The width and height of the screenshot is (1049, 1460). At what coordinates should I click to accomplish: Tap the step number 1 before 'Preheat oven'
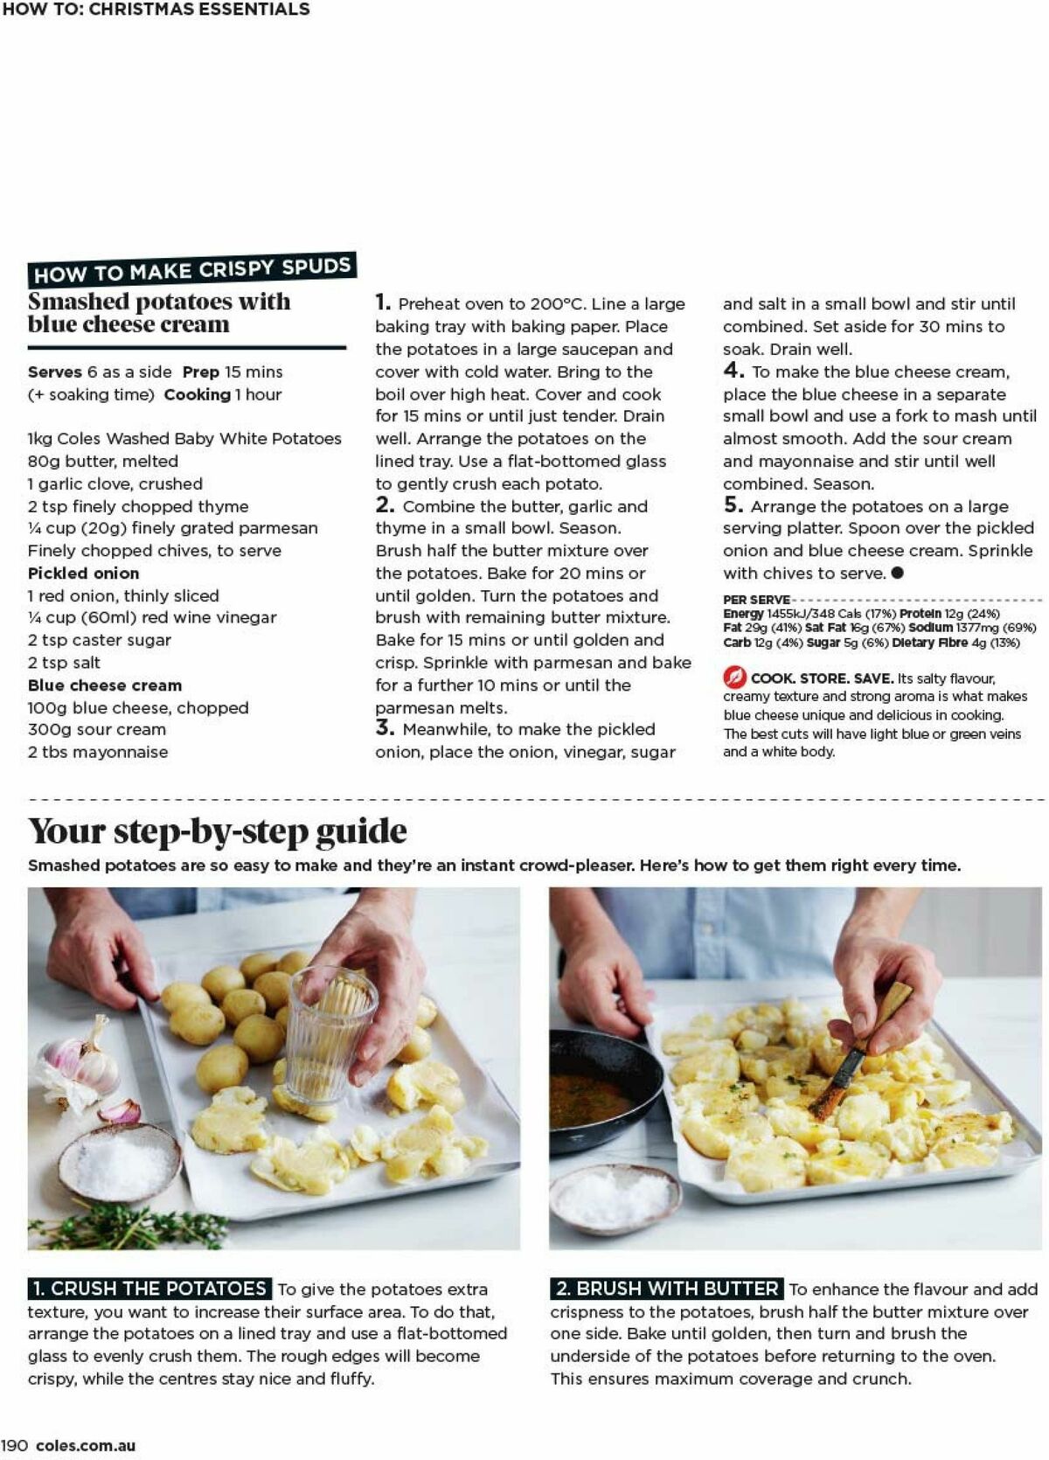pyautogui.click(x=382, y=303)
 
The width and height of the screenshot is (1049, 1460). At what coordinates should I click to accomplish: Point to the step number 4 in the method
pyautogui.click(x=733, y=371)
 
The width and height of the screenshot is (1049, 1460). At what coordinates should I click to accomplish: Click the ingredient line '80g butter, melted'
pyautogui.click(x=102, y=461)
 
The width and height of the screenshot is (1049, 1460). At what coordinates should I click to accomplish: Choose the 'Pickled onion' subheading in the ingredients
pyautogui.click(x=83, y=574)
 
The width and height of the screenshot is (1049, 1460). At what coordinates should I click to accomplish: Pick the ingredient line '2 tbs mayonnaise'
pyautogui.click(x=97, y=752)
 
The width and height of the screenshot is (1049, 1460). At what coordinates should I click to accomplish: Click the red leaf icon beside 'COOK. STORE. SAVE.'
pyautogui.click(x=734, y=678)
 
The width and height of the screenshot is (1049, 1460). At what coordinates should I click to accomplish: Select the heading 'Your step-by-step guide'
pyautogui.click(x=217, y=831)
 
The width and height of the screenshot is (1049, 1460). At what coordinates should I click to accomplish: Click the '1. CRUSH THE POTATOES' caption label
pyautogui.click(x=149, y=1289)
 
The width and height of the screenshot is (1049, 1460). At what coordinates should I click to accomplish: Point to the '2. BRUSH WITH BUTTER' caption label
pyautogui.click(x=667, y=1289)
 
